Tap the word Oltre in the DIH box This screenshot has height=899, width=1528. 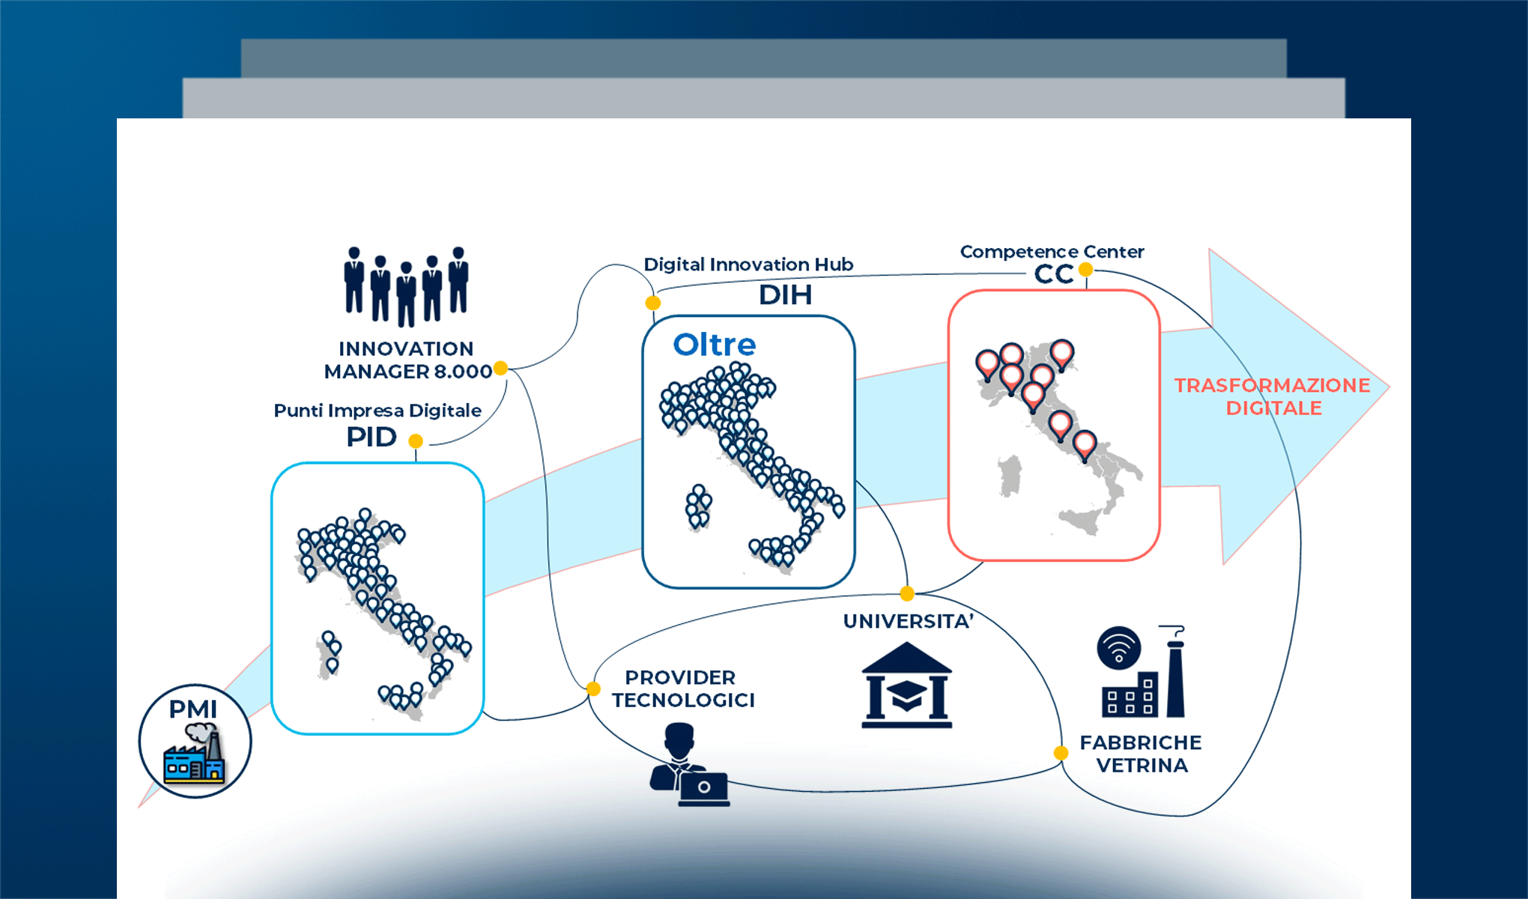(x=714, y=345)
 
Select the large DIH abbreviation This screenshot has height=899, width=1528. (x=785, y=295)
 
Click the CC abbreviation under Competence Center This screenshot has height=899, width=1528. (x=1054, y=274)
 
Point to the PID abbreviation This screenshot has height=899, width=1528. (x=371, y=438)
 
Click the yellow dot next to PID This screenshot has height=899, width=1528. (x=416, y=441)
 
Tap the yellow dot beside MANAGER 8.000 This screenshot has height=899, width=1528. (x=500, y=368)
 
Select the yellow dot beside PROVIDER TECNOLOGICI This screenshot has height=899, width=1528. (x=592, y=688)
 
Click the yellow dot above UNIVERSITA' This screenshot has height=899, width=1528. (x=907, y=594)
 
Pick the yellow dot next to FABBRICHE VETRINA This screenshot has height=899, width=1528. (x=1061, y=753)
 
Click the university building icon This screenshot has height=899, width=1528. (x=906, y=685)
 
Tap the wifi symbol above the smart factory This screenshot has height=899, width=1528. (x=1118, y=648)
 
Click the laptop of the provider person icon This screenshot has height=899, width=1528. (x=703, y=789)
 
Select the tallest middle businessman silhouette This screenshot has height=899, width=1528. (x=406, y=294)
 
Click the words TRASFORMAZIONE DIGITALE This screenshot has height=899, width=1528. (x=1272, y=396)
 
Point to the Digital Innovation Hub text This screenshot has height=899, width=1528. (x=748, y=264)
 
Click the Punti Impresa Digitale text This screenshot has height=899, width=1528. (x=378, y=411)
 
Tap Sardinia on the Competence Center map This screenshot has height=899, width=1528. (x=1010, y=476)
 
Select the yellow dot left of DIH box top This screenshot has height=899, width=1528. (x=653, y=303)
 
